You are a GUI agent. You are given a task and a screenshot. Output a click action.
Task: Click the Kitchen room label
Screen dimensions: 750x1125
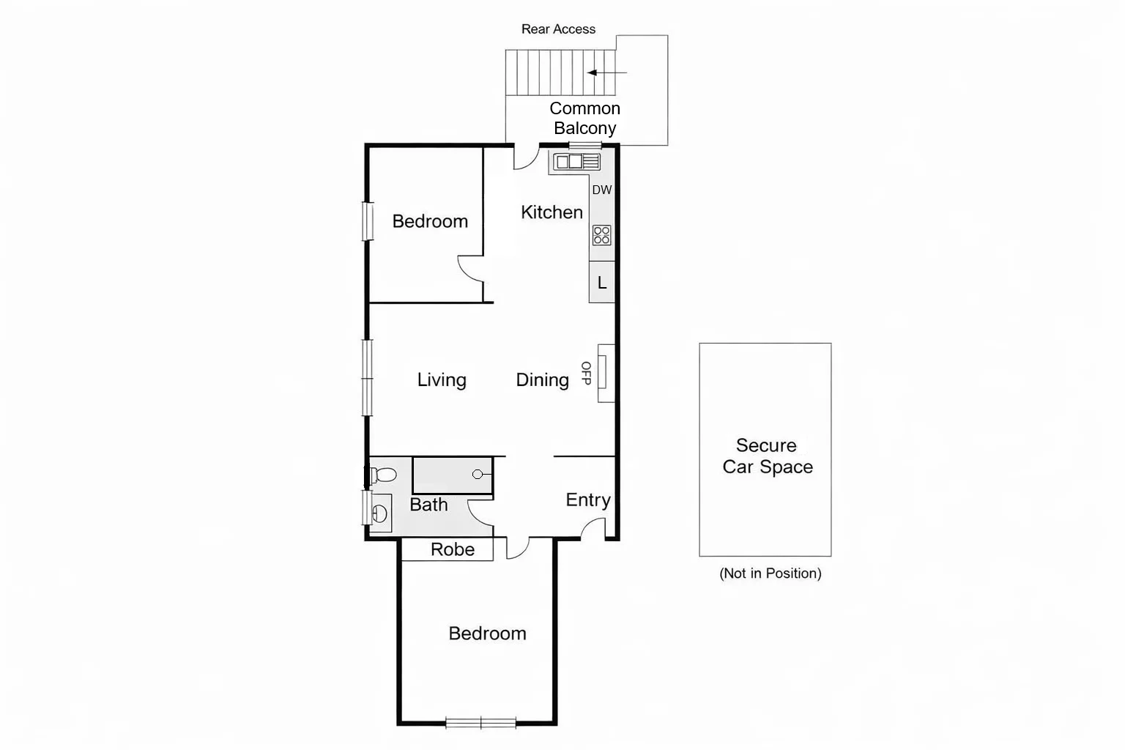coord(552,212)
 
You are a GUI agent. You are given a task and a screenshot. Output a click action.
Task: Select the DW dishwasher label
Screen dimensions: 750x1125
coord(601,190)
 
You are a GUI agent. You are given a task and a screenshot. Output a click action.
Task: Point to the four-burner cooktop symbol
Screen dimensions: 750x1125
coord(601,235)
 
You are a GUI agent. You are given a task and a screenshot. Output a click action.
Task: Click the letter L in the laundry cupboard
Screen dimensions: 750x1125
coord(602,283)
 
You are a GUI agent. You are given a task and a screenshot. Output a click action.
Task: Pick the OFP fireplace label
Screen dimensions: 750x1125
coord(586,373)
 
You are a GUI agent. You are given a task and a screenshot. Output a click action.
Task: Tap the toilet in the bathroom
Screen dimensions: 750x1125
coord(382,475)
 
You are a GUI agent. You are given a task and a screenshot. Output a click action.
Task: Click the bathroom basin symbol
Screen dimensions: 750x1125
coord(379,512)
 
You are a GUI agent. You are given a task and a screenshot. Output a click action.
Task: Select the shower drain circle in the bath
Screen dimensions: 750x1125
coord(478,475)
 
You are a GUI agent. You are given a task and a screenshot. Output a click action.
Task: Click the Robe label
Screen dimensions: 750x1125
coord(453,549)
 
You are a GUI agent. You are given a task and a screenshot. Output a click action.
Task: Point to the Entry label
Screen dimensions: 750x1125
coord(588,500)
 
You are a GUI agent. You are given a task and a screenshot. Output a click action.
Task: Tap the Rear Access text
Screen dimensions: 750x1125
coord(558,29)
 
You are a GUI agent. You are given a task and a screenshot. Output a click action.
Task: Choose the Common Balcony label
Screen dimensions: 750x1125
coord(584,118)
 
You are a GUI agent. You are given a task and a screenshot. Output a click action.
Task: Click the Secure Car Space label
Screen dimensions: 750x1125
coord(767,456)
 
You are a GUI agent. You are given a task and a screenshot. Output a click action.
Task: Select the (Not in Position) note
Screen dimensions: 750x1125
coord(771,573)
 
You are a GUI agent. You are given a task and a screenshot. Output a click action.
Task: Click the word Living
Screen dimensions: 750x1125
coord(442,380)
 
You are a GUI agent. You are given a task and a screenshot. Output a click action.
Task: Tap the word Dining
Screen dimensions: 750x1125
coord(542,380)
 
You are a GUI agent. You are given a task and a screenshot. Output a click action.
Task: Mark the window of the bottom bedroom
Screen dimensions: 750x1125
coord(481,723)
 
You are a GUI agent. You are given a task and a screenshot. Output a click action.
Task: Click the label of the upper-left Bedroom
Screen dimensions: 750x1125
coord(430,221)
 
